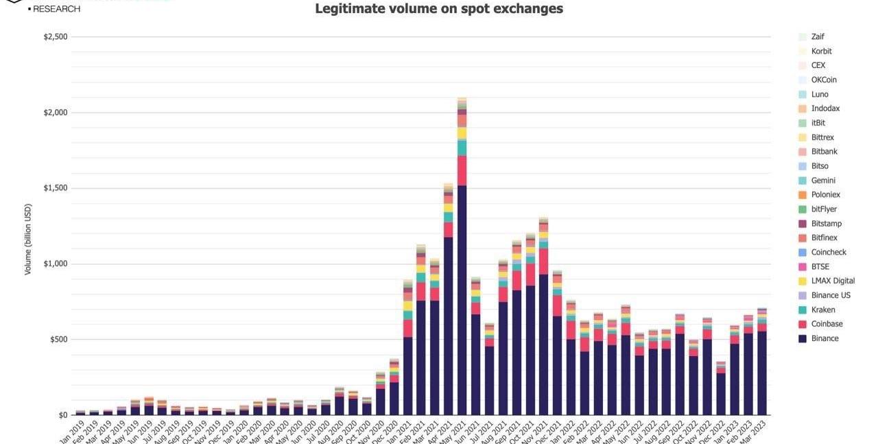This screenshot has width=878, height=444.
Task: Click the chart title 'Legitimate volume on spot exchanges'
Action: tap(439, 9)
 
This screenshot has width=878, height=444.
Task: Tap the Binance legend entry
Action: tap(824, 338)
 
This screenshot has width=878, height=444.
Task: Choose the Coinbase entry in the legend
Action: tap(827, 324)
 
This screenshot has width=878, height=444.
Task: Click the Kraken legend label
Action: tap(823, 309)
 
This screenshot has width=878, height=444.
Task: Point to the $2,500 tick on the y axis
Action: tap(56, 36)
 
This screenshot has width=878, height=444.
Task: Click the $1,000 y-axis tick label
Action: tap(56, 264)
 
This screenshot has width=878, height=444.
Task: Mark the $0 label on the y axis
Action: tap(62, 414)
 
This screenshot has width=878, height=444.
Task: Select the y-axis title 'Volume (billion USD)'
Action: tap(28, 239)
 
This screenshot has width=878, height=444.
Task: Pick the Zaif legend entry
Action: tap(818, 36)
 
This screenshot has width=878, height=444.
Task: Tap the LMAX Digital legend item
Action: tap(833, 281)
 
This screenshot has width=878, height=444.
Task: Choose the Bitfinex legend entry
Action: tap(824, 237)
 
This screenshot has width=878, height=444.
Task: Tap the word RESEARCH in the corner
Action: tap(56, 9)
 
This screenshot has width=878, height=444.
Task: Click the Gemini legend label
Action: tap(823, 180)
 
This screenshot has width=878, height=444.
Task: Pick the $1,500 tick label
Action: tap(56, 188)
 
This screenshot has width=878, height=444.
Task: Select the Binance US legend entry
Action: tap(831, 295)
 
